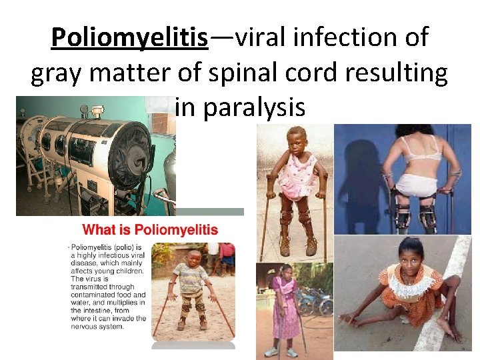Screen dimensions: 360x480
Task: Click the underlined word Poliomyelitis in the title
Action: [130, 38]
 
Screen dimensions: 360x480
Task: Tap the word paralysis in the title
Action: [241, 107]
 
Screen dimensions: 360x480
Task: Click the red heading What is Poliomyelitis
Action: [150, 231]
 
